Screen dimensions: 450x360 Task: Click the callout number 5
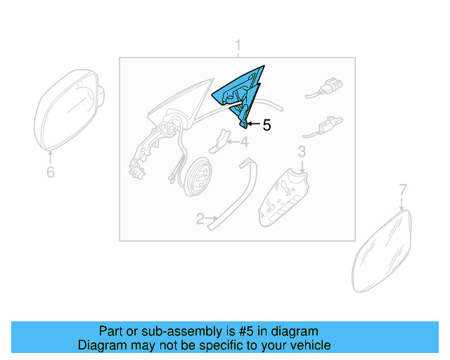[267, 125]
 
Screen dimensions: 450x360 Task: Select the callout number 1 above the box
[238, 46]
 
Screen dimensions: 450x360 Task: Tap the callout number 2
[200, 219]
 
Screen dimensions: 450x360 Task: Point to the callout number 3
[302, 152]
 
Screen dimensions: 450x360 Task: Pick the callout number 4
[244, 142]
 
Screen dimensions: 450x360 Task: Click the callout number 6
[51, 172]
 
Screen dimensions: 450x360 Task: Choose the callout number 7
[403, 190]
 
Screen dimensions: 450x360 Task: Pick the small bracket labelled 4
[220, 141]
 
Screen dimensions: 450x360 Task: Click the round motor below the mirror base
[198, 176]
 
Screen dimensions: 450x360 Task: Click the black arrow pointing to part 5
[254, 124]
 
